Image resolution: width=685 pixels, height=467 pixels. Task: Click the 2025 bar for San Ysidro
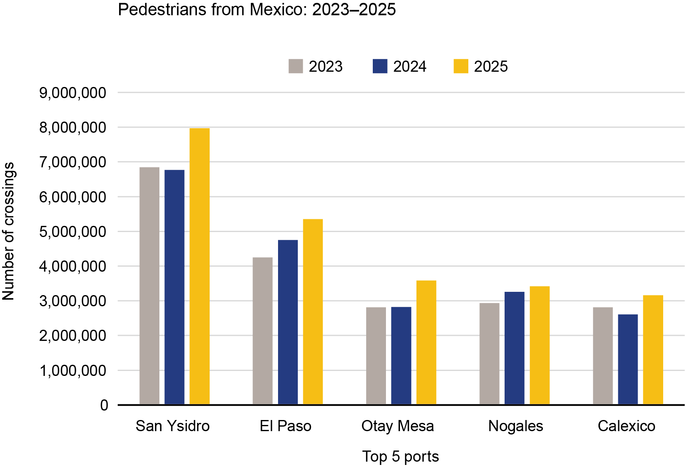coord(199,266)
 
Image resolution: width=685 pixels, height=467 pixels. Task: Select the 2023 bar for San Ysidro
coord(150,286)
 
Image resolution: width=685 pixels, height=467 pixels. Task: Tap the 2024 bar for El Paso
coord(288,322)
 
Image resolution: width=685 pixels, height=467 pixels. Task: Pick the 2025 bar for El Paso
coord(313,312)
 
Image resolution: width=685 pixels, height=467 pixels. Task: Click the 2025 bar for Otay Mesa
coord(426,342)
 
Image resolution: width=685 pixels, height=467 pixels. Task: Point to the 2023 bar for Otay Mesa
coord(376,356)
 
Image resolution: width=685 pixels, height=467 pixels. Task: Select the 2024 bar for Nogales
coord(514,348)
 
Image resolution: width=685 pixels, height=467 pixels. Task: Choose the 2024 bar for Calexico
coord(628,359)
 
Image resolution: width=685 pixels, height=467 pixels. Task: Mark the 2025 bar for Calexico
coord(653,350)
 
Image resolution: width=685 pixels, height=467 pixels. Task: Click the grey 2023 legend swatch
coord(295,66)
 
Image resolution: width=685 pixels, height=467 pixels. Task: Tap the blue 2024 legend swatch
coord(380,66)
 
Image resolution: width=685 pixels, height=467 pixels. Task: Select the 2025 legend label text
coord(491,66)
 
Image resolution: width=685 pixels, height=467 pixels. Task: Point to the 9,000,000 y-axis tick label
coord(72,93)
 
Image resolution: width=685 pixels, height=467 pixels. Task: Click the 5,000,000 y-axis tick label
coord(72,232)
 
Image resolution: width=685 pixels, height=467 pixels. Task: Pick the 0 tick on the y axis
coord(104,405)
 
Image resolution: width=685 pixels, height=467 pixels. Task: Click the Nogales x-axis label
coord(515,426)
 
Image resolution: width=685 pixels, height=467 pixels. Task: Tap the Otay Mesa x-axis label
coord(397,426)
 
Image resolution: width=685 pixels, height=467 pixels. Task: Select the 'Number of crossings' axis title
coord(8,231)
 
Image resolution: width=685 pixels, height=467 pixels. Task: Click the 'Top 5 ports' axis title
coord(400,456)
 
